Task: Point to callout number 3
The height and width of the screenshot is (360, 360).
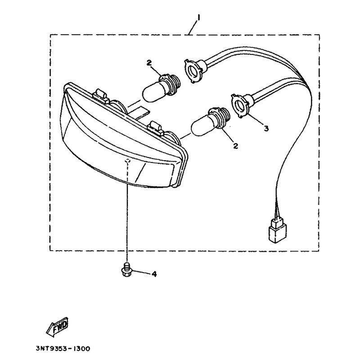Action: pyautogui.click(x=266, y=129)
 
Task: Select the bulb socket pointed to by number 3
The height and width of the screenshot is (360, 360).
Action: pyautogui.click(x=241, y=104)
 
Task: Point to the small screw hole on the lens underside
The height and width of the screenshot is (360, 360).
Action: pyautogui.click(x=128, y=160)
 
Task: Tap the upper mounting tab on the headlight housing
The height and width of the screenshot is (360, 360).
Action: pyautogui.click(x=100, y=95)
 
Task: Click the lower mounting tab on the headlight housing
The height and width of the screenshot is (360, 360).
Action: pyautogui.click(x=156, y=127)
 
